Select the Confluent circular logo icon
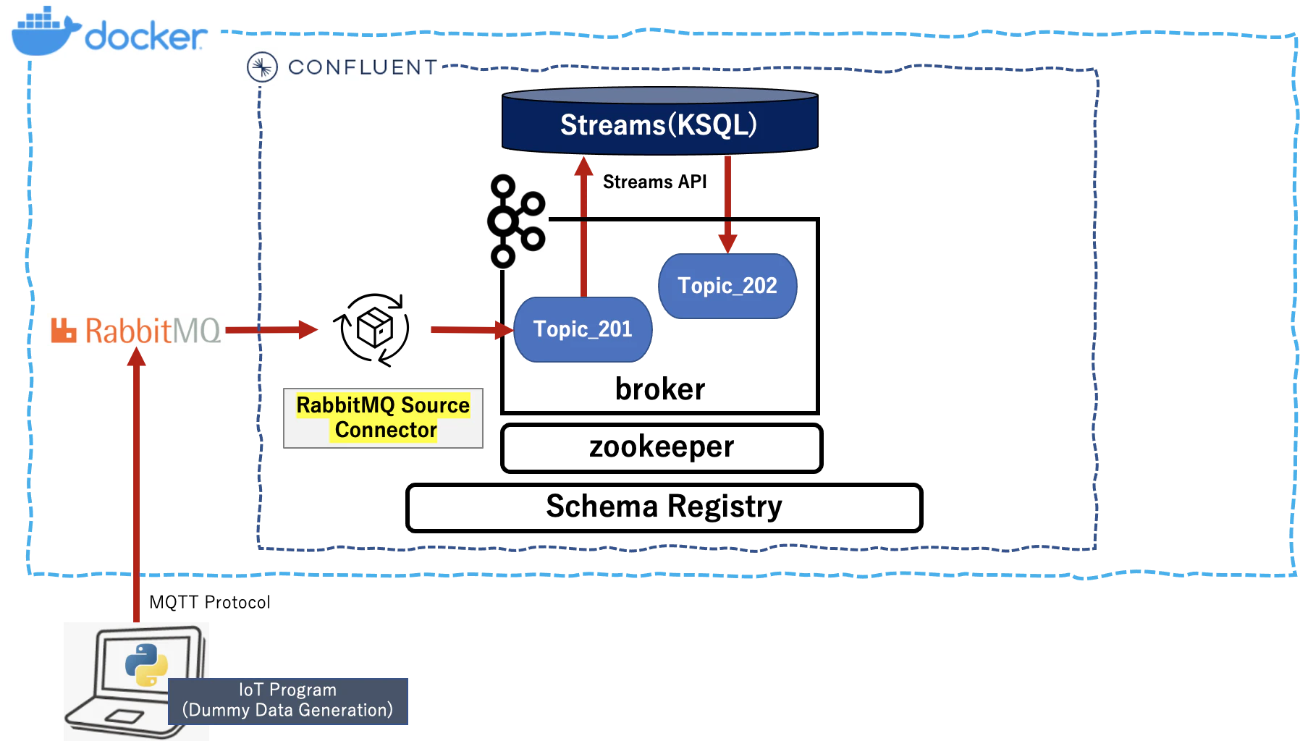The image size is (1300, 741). coord(262,67)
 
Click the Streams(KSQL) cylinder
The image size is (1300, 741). coord(660,121)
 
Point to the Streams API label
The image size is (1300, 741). coord(654,182)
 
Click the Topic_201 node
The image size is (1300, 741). coord(583,329)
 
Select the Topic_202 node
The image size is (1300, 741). coord(727,286)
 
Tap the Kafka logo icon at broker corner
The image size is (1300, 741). coord(516,221)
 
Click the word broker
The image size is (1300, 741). coord(660,389)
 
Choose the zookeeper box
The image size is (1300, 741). coord(662,448)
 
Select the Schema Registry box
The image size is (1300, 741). coord(664,507)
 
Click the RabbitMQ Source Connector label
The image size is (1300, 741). coord(383,418)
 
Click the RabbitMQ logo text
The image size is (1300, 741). coord(136,331)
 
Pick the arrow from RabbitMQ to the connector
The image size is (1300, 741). coord(271,330)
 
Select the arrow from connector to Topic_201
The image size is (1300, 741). coord(472,330)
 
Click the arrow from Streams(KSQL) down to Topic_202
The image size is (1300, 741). coord(727,205)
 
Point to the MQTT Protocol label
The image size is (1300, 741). coord(210,602)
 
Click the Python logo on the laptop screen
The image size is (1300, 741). coord(146,664)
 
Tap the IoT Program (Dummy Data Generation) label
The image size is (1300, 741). coord(288,700)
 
